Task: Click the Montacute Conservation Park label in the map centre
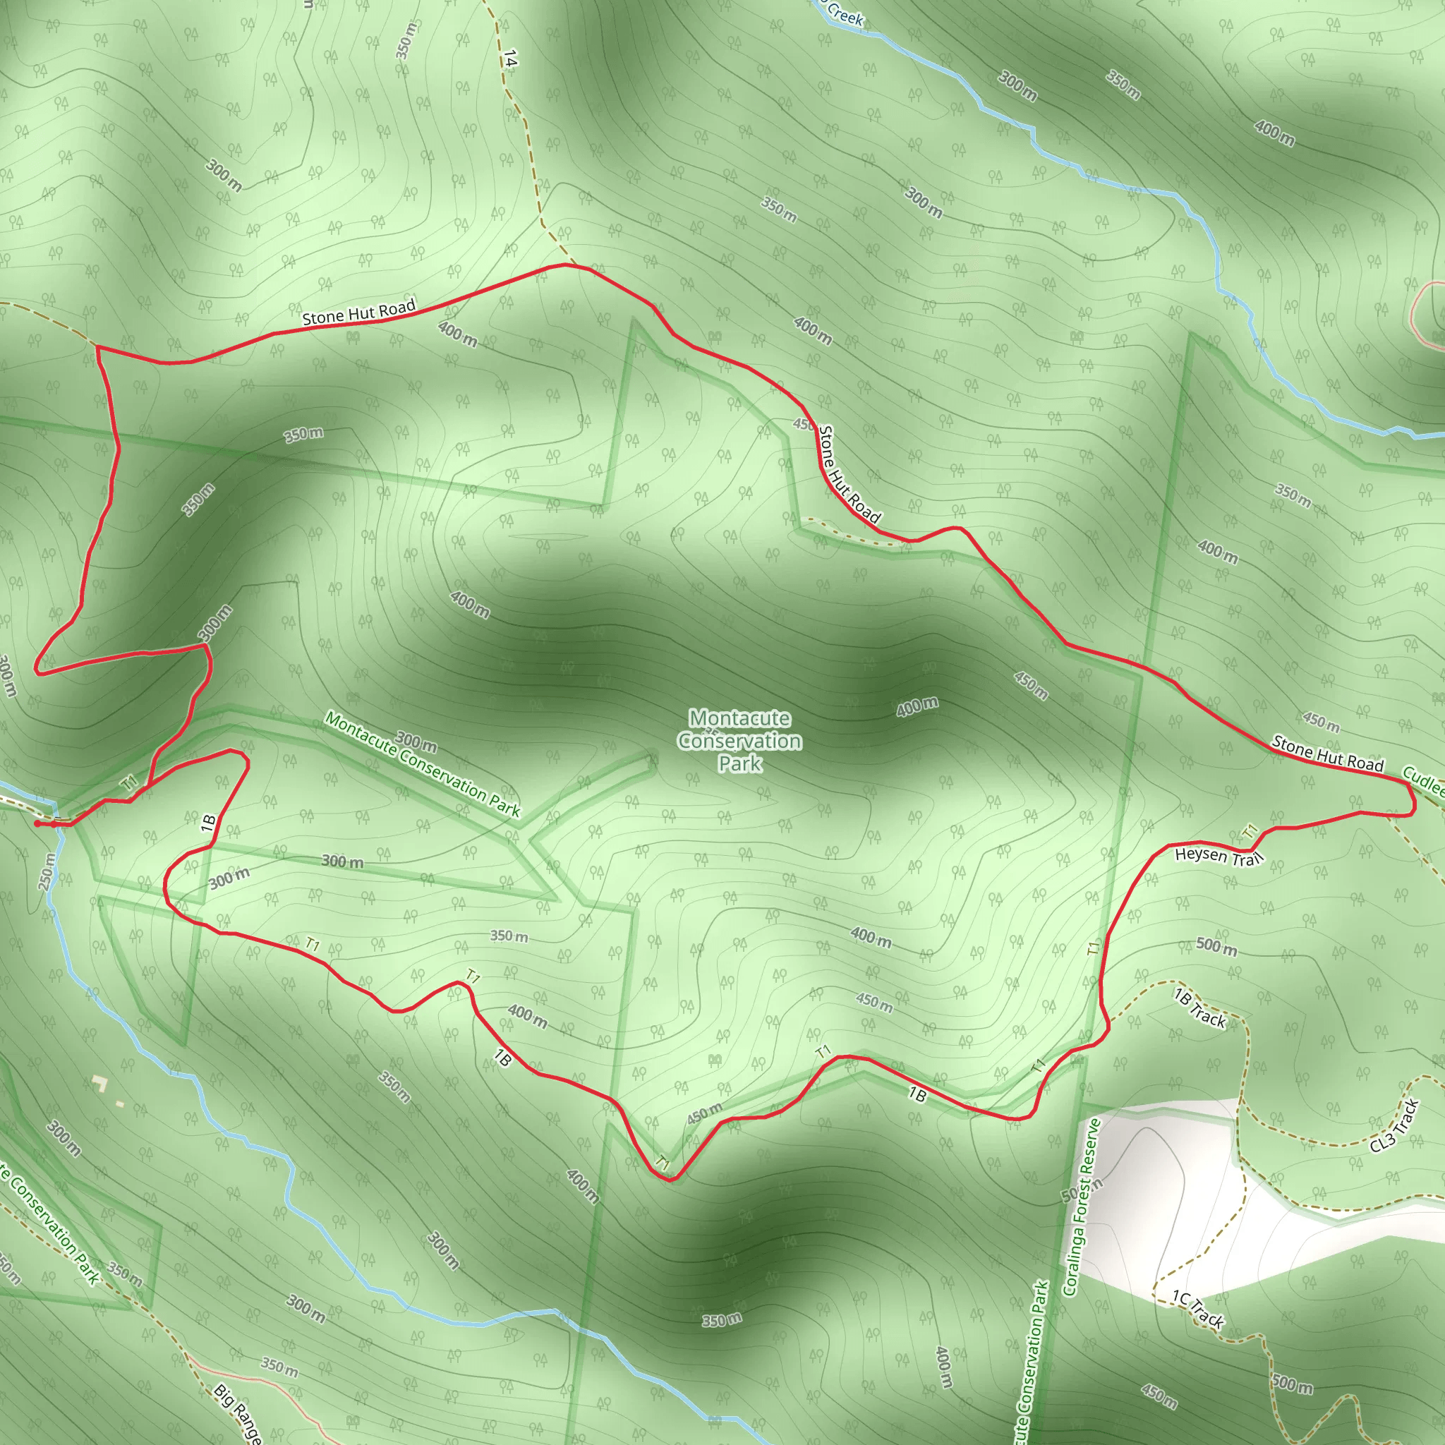pyautogui.click(x=739, y=740)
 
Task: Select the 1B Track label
pyautogui.click(x=1199, y=1008)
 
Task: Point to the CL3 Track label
pyautogui.click(x=1395, y=1126)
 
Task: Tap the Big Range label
pyautogui.click(x=238, y=1413)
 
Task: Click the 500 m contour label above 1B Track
pyautogui.click(x=1216, y=946)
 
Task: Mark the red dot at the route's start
pyautogui.click(x=37, y=823)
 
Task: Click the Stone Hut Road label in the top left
pyautogui.click(x=358, y=312)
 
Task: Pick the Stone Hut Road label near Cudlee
pyautogui.click(x=1328, y=754)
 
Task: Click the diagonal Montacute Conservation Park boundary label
pyautogui.click(x=423, y=764)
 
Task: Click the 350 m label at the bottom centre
pyautogui.click(x=722, y=1320)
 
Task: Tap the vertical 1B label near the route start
pyautogui.click(x=209, y=823)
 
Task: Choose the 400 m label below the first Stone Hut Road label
pyautogui.click(x=458, y=334)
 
